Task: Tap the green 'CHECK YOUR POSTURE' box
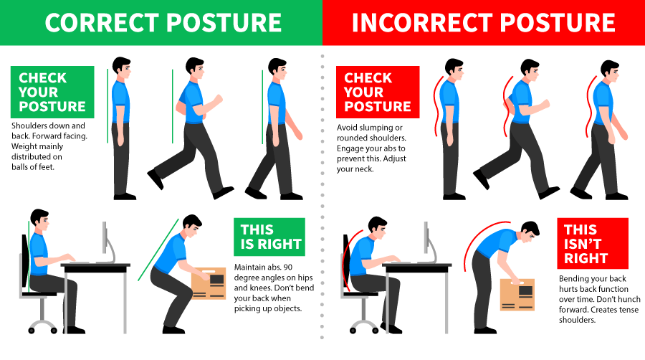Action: tap(52, 93)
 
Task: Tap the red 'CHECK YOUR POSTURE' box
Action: tap(378, 93)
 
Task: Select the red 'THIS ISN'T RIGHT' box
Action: tap(592, 243)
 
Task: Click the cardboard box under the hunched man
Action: tap(517, 293)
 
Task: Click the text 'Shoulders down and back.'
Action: tap(47, 125)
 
